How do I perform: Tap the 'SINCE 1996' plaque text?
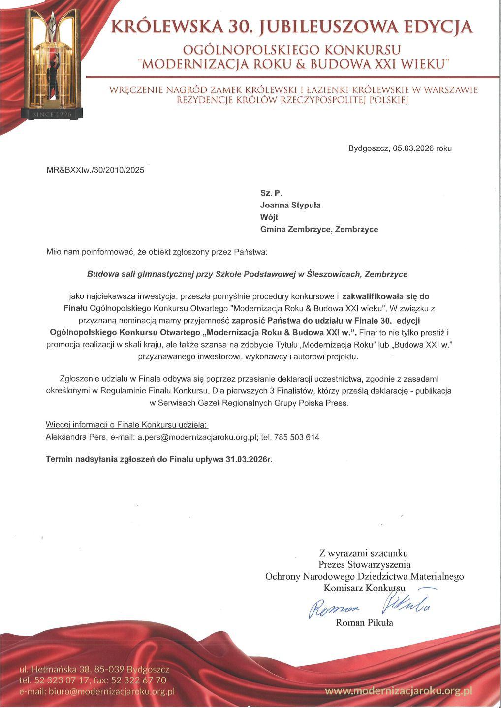[x=52, y=114]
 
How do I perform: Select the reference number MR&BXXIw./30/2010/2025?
[x=95, y=171]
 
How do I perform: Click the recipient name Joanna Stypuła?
[x=290, y=206]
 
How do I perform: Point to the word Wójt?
[x=269, y=217]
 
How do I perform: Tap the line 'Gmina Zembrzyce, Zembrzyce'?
[x=319, y=230]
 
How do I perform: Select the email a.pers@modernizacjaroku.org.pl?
[x=198, y=437]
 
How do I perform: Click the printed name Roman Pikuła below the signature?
[x=364, y=623]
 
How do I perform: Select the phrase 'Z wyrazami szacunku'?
[x=363, y=553]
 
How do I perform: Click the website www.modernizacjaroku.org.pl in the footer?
[x=398, y=691]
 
